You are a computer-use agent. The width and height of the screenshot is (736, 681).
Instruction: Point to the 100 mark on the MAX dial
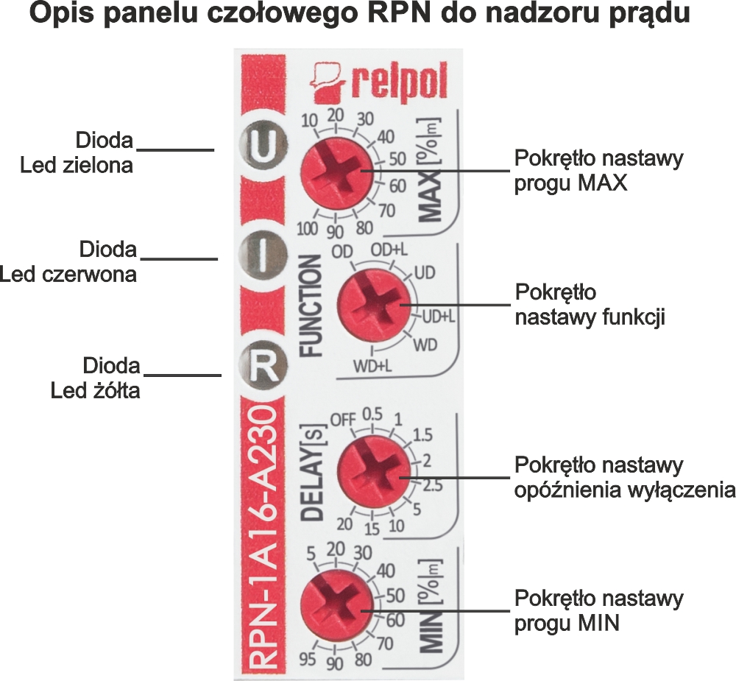pyautogui.click(x=308, y=227)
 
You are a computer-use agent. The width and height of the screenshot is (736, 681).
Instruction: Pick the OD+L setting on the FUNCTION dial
pyautogui.click(x=388, y=250)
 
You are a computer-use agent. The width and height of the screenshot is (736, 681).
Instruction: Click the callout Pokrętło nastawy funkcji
pyautogui.click(x=590, y=305)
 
